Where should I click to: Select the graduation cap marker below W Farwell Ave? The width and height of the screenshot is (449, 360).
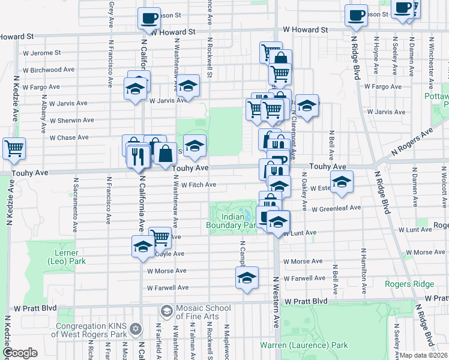247,277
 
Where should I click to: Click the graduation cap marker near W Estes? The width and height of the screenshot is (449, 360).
342,182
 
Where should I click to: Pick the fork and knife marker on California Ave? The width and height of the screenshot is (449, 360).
139,156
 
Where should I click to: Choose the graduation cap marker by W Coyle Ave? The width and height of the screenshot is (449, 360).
143,246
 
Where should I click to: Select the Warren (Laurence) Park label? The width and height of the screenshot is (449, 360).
304,346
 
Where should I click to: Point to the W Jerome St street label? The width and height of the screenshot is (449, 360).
42,53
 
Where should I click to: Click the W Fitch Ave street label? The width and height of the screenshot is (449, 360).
199,185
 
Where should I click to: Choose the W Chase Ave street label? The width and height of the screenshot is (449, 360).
69,138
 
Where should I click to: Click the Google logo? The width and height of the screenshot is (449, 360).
19,353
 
